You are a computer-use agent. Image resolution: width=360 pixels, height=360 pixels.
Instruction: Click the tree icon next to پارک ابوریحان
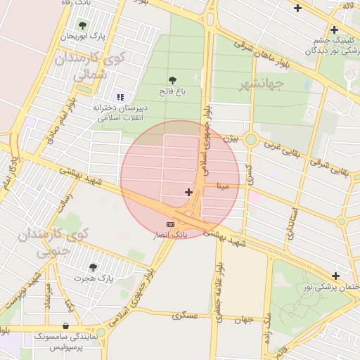pyautogui.click(x=83, y=25)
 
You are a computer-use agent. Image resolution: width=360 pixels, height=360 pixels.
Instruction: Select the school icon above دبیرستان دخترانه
pyautogui.click(x=120, y=97)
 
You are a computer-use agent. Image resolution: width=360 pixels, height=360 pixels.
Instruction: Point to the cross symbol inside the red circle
pyautogui.click(x=188, y=192)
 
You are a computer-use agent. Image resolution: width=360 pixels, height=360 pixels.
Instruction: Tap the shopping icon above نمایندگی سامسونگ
pyautogui.click(x=65, y=326)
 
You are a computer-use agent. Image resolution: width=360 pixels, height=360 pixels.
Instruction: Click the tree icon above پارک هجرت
pyautogui.click(x=93, y=266)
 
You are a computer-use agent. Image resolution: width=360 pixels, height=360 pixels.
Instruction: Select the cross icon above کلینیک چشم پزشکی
pyautogui.click(x=334, y=30)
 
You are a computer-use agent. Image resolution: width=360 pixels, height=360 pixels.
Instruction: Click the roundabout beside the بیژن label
pyautogui.click(x=250, y=139)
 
